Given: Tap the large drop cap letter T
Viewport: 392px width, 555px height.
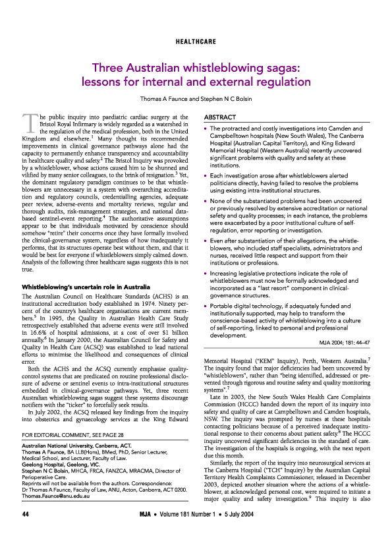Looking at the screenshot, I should pos(29,123).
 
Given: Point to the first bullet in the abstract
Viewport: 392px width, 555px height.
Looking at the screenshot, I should pos(208,129).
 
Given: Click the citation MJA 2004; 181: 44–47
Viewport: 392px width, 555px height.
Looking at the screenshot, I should pos(341,341).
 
